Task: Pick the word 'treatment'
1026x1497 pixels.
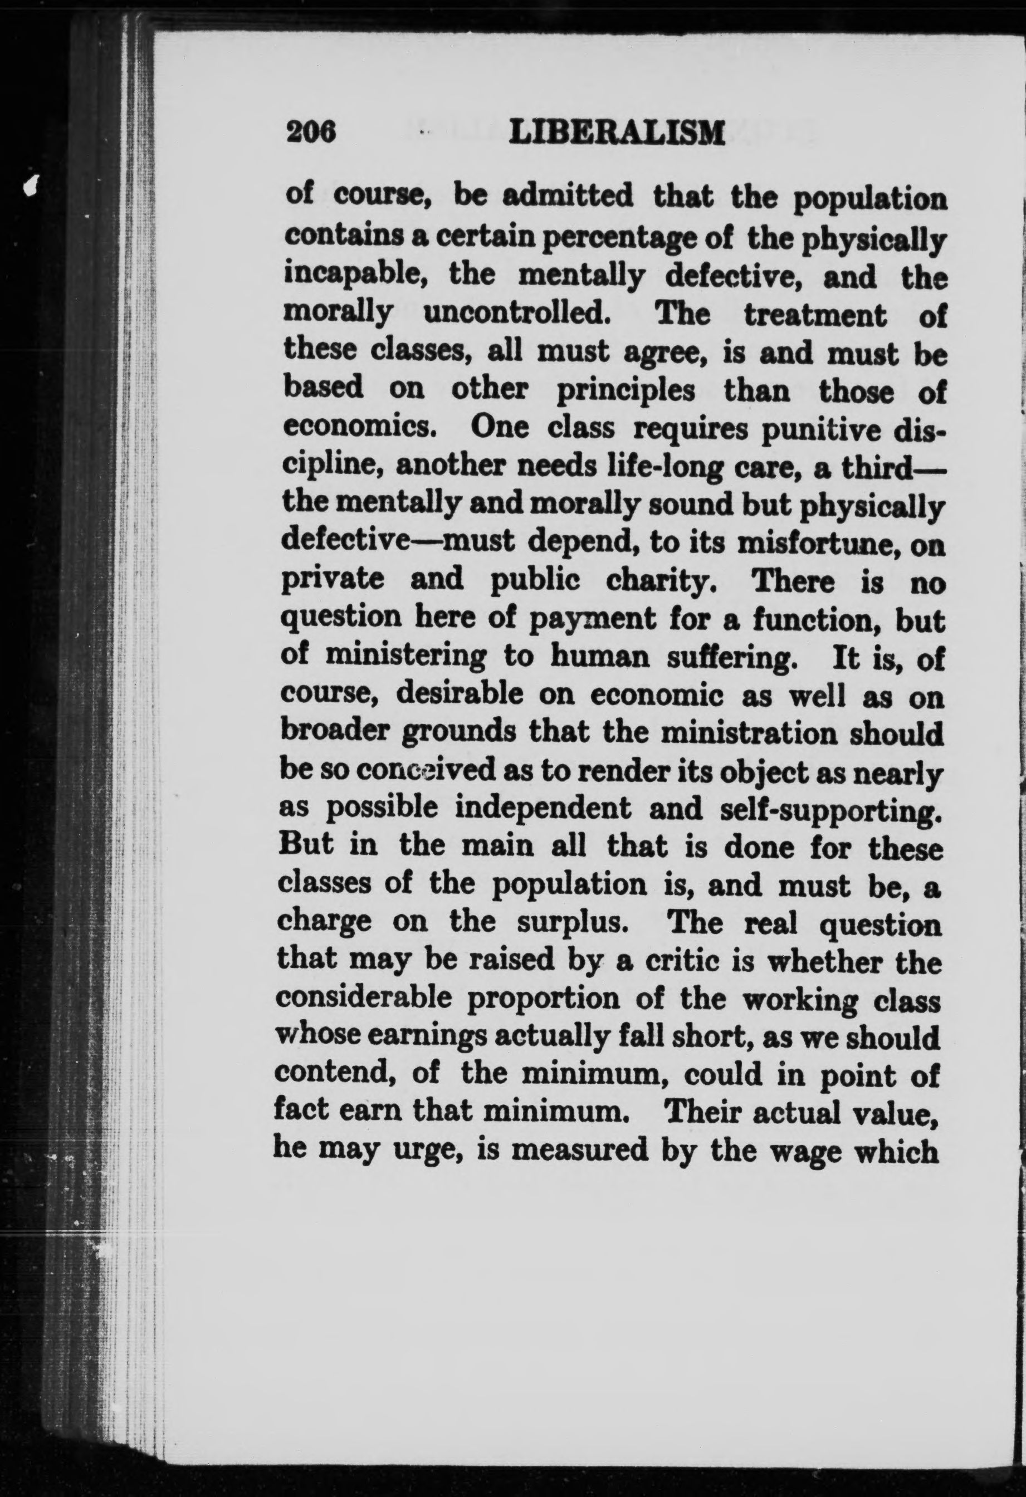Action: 815,314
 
